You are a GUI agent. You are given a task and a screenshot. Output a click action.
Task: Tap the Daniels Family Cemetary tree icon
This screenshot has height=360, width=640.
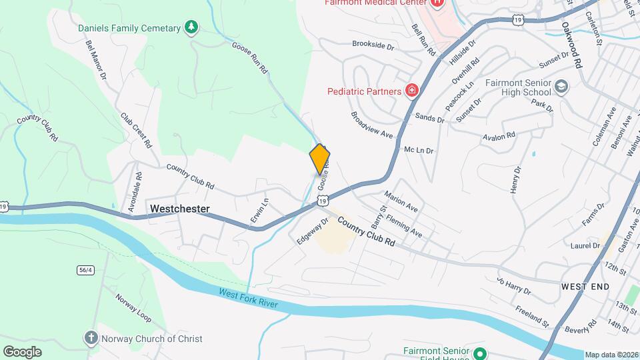pyautogui.click(x=192, y=27)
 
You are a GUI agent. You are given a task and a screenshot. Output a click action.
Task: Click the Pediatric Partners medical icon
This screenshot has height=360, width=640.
pyautogui.click(x=412, y=91)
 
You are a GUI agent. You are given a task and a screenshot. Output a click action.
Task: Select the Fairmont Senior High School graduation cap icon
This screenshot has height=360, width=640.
pyautogui.click(x=561, y=87)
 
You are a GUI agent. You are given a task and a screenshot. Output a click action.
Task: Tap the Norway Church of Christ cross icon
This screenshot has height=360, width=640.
pyautogui.click(x=91, y=338)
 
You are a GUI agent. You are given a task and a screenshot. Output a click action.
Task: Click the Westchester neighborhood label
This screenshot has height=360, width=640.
pyautogui.click(x=180, y=209)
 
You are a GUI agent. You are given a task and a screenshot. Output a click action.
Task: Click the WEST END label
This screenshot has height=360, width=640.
pyautogui.click(x=585, y=286)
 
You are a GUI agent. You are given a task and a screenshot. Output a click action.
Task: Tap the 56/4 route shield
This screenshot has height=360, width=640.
pyautogui.click(x=85, y=269)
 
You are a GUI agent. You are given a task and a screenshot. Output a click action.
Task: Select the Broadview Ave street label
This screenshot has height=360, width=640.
pyautogui.click(x=372, y=124)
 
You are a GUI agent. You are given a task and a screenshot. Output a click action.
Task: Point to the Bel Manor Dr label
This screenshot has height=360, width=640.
pyautogui.click(x=96, y=59)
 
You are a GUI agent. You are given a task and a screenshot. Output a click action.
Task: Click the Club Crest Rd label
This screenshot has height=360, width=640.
pyautogui.click(x=136, y=129)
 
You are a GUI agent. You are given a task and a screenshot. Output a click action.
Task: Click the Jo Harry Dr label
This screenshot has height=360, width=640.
pyautogui.click(x=513, y=286)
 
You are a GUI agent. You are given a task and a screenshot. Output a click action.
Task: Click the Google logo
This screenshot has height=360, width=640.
pyautogui.click(x=22, y=351)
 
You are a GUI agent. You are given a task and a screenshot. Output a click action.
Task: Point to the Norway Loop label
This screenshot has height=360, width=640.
pyautogui.click(x=133, y=305)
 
